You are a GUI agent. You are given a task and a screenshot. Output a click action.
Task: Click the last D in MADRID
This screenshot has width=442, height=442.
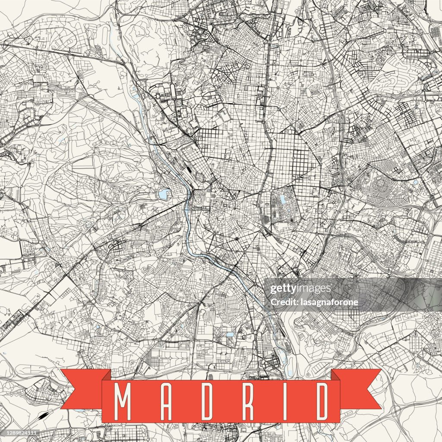pos(321,402)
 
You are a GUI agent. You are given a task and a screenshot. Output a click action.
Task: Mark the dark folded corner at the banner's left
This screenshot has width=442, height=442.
pos(106,376)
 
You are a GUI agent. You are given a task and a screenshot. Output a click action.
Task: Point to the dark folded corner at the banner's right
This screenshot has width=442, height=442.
pos(335,376)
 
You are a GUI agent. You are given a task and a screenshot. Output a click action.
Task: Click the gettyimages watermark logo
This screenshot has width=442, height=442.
pos(300,289)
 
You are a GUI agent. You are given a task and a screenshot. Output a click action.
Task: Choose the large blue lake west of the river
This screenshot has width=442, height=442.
pos(164,194)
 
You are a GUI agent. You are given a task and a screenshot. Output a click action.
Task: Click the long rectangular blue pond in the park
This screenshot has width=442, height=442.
pos(282,199)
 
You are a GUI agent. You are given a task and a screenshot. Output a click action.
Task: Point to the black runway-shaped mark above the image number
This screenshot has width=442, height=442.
pos(43,416)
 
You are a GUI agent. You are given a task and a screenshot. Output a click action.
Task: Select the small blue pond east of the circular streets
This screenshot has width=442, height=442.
pos(415,183)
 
